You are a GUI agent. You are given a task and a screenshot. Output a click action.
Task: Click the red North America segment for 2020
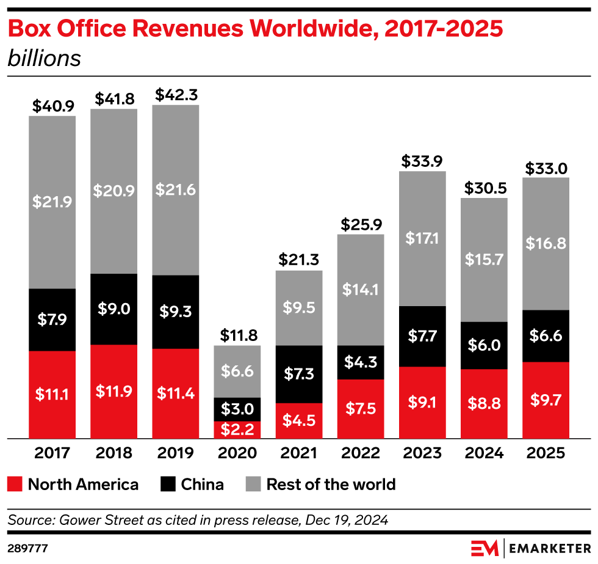237,430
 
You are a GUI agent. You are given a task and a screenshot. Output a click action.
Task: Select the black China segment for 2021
299,374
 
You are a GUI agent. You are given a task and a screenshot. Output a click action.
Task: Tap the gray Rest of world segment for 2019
176,190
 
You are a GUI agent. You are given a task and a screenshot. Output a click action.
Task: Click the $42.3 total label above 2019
176,95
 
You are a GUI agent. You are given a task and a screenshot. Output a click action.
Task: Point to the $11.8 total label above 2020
237,335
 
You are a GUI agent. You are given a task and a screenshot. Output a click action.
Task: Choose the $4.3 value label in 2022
361,363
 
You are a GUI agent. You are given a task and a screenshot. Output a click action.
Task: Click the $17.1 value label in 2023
422,239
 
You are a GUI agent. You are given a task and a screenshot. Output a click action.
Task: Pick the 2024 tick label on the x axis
484,453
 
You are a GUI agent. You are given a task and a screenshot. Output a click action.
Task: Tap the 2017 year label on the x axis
52,453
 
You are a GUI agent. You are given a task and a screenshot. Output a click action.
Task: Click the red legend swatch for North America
16,485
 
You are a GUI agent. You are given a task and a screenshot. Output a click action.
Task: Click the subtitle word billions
44,59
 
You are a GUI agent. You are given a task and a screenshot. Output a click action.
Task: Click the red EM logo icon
485,546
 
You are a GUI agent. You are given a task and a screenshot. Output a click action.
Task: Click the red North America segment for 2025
546,400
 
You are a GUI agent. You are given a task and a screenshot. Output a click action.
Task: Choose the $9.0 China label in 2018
114,309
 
